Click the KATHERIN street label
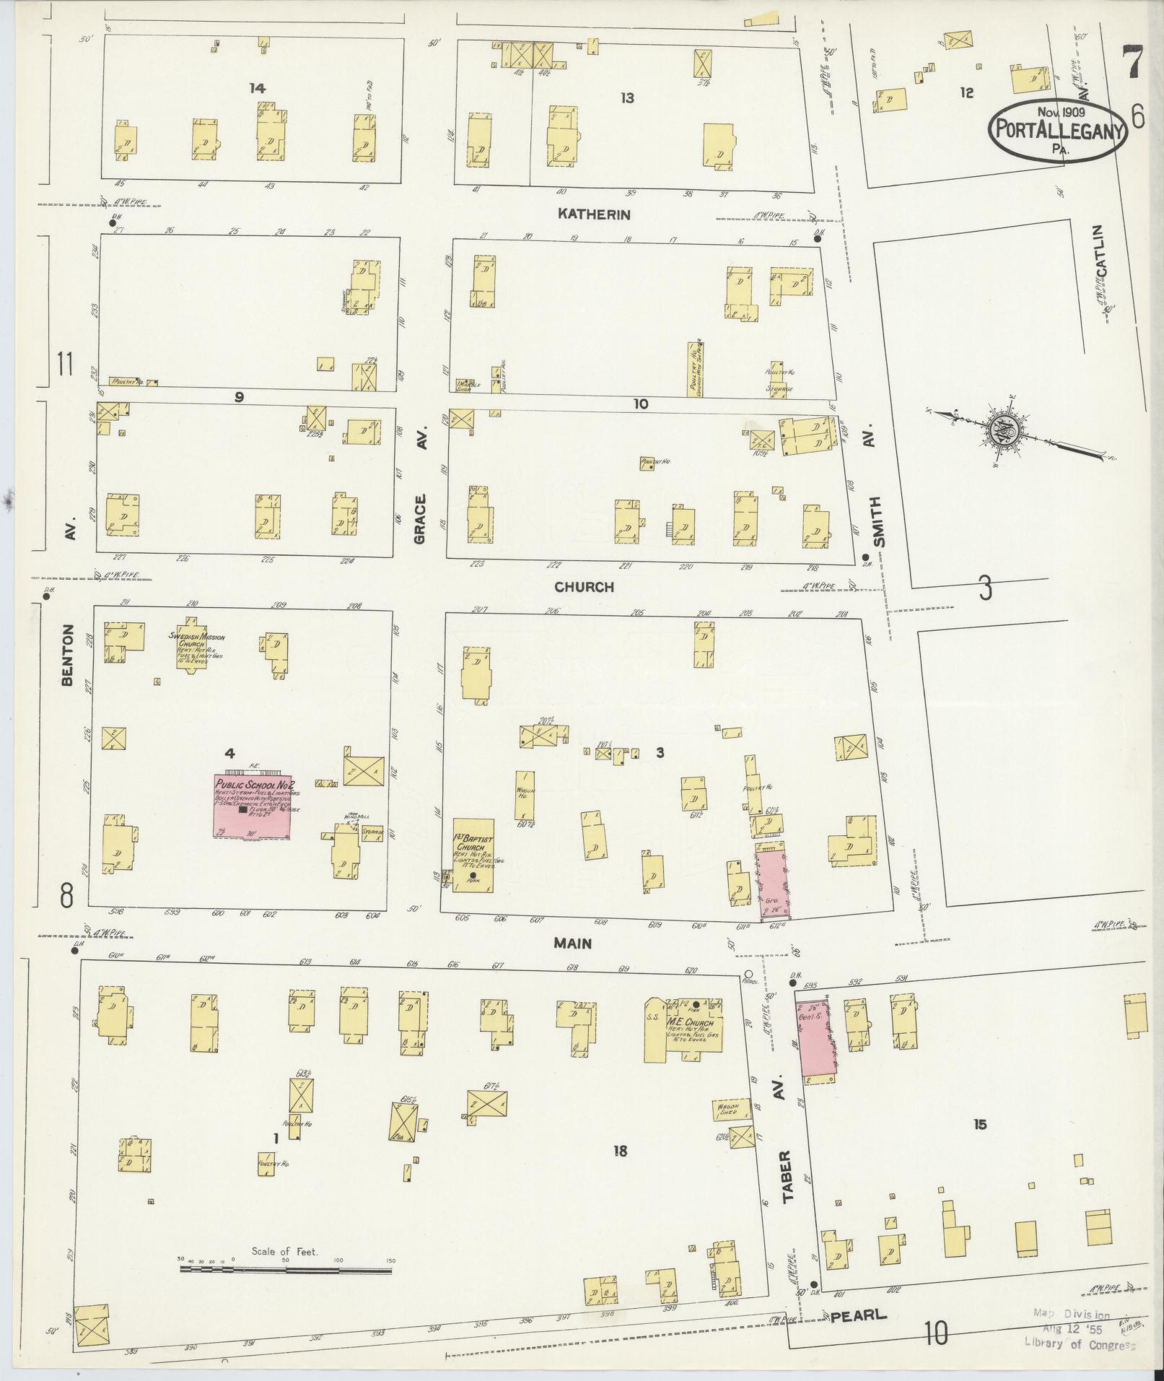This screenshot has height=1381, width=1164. point(594,214)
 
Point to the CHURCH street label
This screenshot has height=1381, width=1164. point(584,587)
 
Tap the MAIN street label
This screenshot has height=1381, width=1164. point(573,943)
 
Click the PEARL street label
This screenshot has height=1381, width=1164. point(858,1315)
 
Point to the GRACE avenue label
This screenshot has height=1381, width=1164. point(421,519)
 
